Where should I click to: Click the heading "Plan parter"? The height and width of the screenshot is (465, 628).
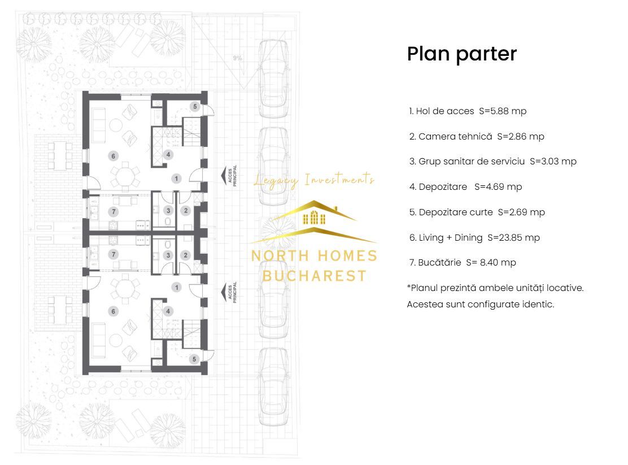click(461, 54)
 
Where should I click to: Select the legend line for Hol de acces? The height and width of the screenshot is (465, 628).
click(468, 111)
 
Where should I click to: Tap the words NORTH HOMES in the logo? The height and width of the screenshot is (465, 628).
click(314, 255)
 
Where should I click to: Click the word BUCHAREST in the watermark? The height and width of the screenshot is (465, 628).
click(314, 276)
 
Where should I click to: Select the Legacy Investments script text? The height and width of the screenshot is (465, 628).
click(314, 180)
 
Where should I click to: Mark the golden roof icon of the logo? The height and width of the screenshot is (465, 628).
click(314, 220)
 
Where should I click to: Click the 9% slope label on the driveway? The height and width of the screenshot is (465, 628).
click(237, 58)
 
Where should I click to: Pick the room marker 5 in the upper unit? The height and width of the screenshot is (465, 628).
click(195, 106)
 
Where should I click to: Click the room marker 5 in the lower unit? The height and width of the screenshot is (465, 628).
click(195, 359)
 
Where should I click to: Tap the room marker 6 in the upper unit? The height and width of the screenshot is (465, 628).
click(114, 156)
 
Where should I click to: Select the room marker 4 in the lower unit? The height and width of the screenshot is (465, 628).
click(168, 311)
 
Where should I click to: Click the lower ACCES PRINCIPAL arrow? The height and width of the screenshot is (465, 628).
click(224, 292)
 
